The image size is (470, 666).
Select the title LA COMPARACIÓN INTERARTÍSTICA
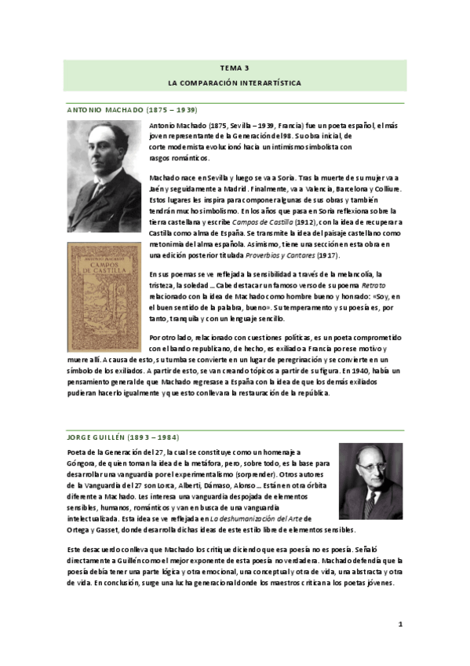pos(235,82)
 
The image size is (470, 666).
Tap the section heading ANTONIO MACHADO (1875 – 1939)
pos(130,110)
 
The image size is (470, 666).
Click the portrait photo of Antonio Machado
pos(104,175)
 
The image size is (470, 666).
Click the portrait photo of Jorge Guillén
pos(370,480)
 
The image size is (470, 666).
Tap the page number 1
pos(399,624)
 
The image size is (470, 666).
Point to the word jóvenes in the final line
pos(384,593)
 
